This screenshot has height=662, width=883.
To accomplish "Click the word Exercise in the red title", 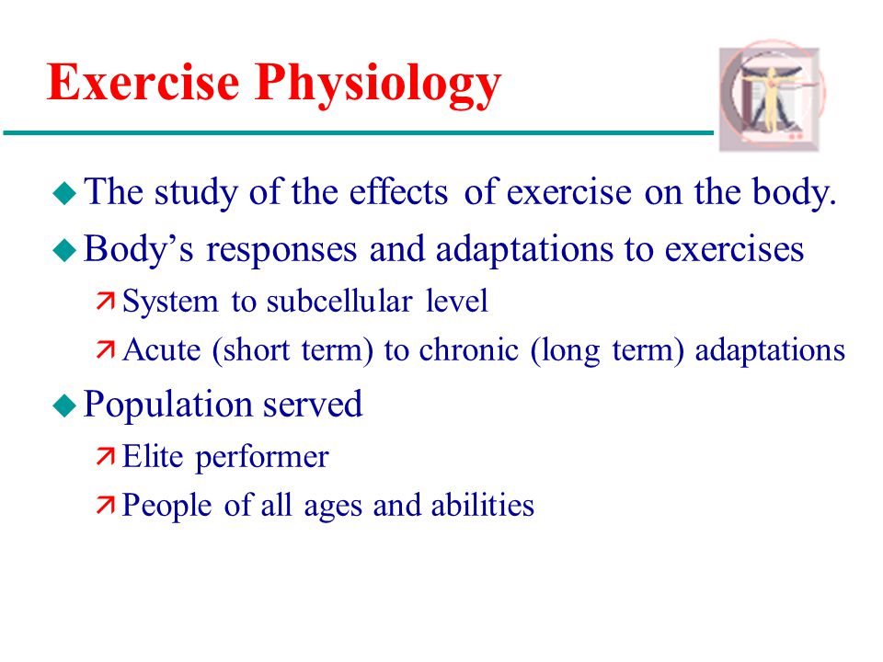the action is (143, 82).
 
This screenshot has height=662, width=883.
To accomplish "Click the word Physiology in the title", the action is (378, 86).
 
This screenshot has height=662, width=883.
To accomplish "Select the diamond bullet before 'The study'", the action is (64, 193).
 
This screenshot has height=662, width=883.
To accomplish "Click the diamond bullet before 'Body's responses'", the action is (64, 250).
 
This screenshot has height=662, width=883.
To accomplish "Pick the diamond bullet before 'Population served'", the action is (64, 405).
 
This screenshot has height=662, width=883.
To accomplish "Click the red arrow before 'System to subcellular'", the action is (105, 302).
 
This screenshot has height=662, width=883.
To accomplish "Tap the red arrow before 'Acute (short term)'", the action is (105, 349).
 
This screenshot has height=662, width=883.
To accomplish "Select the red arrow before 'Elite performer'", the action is (105, 456).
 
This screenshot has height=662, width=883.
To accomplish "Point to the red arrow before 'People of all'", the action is (105, 505).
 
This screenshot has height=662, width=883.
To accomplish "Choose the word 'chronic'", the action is (468, 349).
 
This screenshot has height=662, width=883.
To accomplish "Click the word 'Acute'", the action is (162, 349).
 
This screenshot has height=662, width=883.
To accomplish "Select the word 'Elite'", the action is (153, 456).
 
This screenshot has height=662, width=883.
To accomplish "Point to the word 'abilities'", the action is (483, 505).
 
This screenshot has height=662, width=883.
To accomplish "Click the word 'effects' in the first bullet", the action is (398, 192).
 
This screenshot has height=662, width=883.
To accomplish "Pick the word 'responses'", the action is (281, 250).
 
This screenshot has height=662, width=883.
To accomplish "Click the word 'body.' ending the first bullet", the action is (794, 193).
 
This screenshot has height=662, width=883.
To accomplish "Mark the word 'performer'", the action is (262, 458).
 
